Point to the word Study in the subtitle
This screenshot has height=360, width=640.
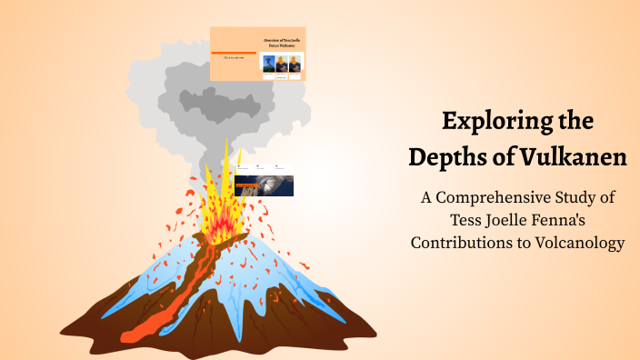pos(572,197)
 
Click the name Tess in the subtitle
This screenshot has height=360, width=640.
pos(467,220)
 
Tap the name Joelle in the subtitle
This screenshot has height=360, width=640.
pos(512,220)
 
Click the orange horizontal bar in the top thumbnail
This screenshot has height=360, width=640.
pos(233,52)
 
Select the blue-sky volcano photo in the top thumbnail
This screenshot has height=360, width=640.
pos(269,64)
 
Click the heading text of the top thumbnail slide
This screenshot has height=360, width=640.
pos(282,43)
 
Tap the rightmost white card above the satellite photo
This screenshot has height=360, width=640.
pos(281,168)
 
